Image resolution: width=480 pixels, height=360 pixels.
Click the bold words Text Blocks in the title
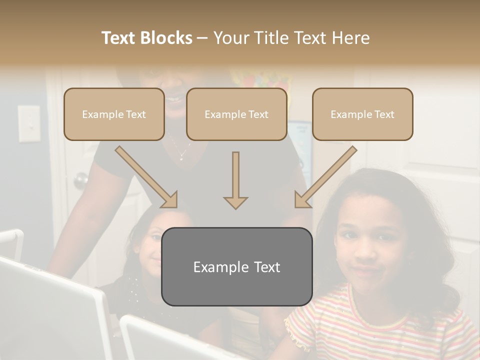tap(146, 38)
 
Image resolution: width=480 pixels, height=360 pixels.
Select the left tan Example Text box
tap(114, 114)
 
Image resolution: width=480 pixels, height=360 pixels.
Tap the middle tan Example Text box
tap(236, 114)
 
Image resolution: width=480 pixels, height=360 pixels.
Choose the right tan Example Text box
tap(362, 114)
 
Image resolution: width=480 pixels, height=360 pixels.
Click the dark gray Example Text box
tap(236, 266)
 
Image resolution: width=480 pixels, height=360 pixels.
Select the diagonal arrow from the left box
tap(146, 177)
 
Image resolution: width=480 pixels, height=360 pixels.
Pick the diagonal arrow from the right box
tap(325, 177)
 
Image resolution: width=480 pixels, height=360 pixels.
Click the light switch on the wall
tap(29, 123)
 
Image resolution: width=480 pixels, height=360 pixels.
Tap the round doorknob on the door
tap(80, 180)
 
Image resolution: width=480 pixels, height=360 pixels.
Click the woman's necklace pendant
tap(180, 156)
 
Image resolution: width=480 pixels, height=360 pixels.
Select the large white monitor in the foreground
tap(50, 310)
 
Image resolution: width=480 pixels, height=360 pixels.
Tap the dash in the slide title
tap(202, 38)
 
